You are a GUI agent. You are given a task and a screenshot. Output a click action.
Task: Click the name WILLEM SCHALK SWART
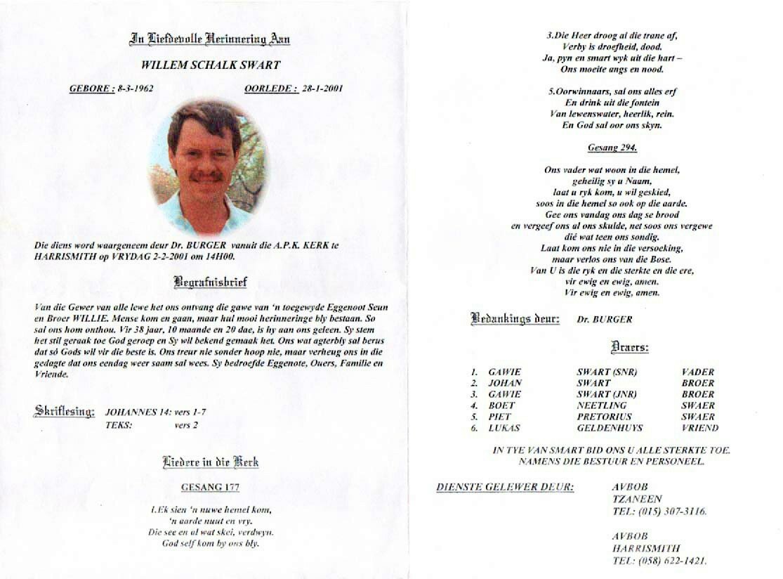pyautogui.click(x=210, y=65)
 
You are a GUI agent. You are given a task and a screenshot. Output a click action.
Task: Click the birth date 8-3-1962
pyautogui.click(x=135, y=89)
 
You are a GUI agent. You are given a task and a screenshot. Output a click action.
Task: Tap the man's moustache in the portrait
pyautogui.click(x=208, y=177)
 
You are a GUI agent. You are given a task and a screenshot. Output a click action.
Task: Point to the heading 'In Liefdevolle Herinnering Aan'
pyautogui.click(x=210, y=39)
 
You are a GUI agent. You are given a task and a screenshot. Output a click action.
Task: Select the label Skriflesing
pyautogui.click(x=65, y=412)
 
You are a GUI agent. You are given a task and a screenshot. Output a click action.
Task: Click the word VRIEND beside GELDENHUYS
pyautogui.click(x=699, y=428)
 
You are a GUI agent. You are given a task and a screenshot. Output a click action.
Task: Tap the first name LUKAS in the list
pyautogui.click(x=504, y=428)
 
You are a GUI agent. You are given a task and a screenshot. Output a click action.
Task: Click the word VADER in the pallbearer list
pyautogui.click(x=698, y=372)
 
